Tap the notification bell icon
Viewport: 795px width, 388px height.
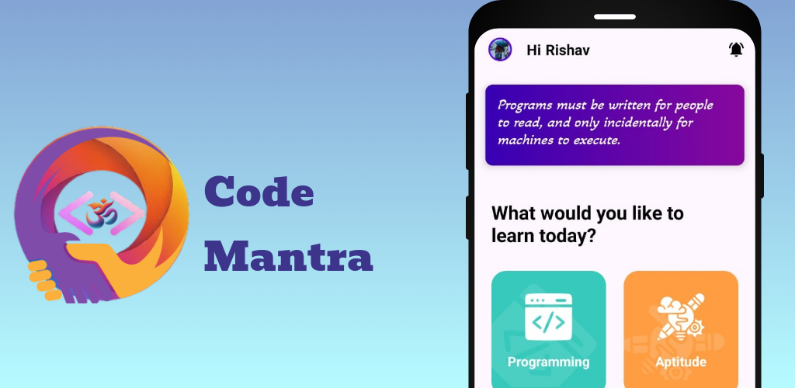pos(736,50)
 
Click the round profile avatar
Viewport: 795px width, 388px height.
pos(500,50)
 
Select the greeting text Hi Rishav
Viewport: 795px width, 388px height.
pos(558,50)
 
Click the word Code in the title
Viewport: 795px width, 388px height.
pos(259,191)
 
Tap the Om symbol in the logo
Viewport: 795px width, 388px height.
pos(102,213)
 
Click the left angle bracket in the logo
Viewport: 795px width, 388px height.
pos(75,213)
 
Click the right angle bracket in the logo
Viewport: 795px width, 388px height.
pos(128,213)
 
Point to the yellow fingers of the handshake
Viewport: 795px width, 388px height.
pos(43,280)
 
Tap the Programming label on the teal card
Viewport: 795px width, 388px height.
pos(549,362)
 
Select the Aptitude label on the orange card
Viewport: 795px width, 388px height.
pos(681,362)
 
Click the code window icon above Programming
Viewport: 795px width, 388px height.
pos(549,317)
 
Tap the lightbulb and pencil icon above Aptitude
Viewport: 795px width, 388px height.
pos(681,317)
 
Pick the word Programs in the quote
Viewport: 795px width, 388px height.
pos(525,106)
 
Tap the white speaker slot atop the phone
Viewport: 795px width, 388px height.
pos(615,17)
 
